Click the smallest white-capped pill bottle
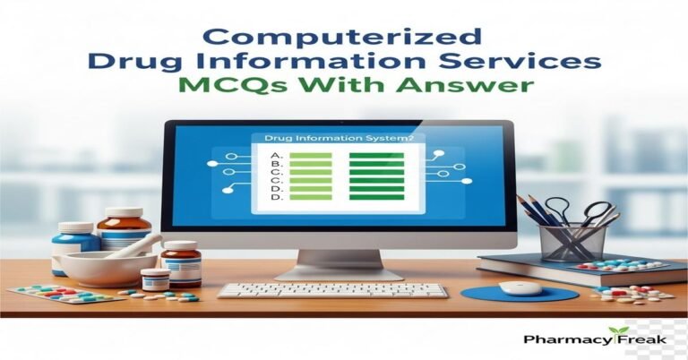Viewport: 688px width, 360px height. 155,279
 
